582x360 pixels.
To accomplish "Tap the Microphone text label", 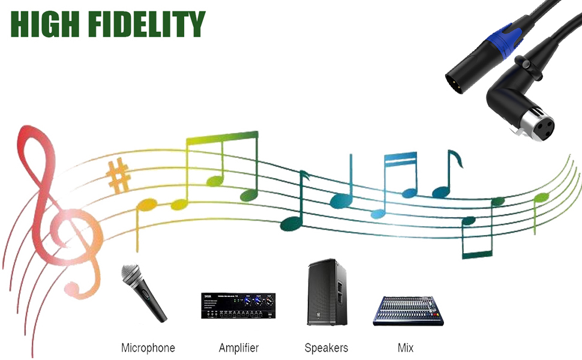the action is click(x=148, y=348).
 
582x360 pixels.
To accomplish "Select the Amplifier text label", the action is click(x=238, y=348).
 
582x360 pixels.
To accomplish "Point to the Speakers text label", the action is click(x=326, y=348).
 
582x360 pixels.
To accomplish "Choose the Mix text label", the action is click(x=406, y=348).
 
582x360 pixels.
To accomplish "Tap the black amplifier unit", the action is click(x=238, y=305).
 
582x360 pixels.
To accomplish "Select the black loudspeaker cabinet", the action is click(x=327, y=292).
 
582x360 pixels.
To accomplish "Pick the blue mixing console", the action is click(x=408, y=311).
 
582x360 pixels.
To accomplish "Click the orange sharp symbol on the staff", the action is click(x=118, y=176).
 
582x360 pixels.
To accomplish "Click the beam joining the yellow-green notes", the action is click(x=222, y=137).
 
